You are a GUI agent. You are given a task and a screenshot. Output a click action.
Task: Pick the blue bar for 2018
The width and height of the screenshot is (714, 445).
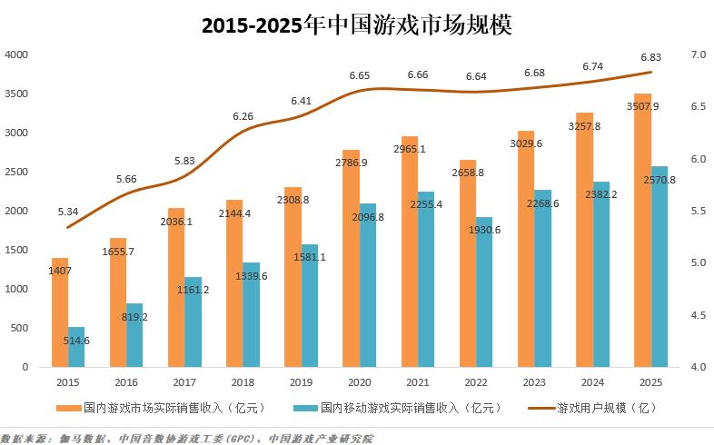coord(251,318)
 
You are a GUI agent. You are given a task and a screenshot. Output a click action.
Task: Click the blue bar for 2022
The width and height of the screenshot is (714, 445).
coord(484,295)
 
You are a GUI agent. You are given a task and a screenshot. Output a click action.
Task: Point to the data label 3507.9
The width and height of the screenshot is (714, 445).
coord(642,106)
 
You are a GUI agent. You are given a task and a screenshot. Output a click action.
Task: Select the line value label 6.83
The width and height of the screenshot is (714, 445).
coord(650,57)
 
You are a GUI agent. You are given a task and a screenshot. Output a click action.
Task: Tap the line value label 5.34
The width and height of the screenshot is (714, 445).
coord(67,212)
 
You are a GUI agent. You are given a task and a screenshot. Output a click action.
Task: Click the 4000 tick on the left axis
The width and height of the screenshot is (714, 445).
coord(17,55)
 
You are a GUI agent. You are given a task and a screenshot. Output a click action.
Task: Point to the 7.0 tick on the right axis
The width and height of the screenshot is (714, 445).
coord(699,55)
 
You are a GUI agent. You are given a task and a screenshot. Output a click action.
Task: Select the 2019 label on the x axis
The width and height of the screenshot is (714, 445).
coord(300,383)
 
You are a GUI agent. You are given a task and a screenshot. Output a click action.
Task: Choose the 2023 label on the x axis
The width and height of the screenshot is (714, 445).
coord(535,383)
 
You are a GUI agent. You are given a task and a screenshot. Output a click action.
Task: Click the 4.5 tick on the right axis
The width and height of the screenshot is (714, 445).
coord(699,315)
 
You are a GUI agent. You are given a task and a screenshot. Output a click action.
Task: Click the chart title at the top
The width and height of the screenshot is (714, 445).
coord(357,25)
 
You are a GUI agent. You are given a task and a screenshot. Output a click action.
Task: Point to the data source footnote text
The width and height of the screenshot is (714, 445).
coord(186,438)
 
